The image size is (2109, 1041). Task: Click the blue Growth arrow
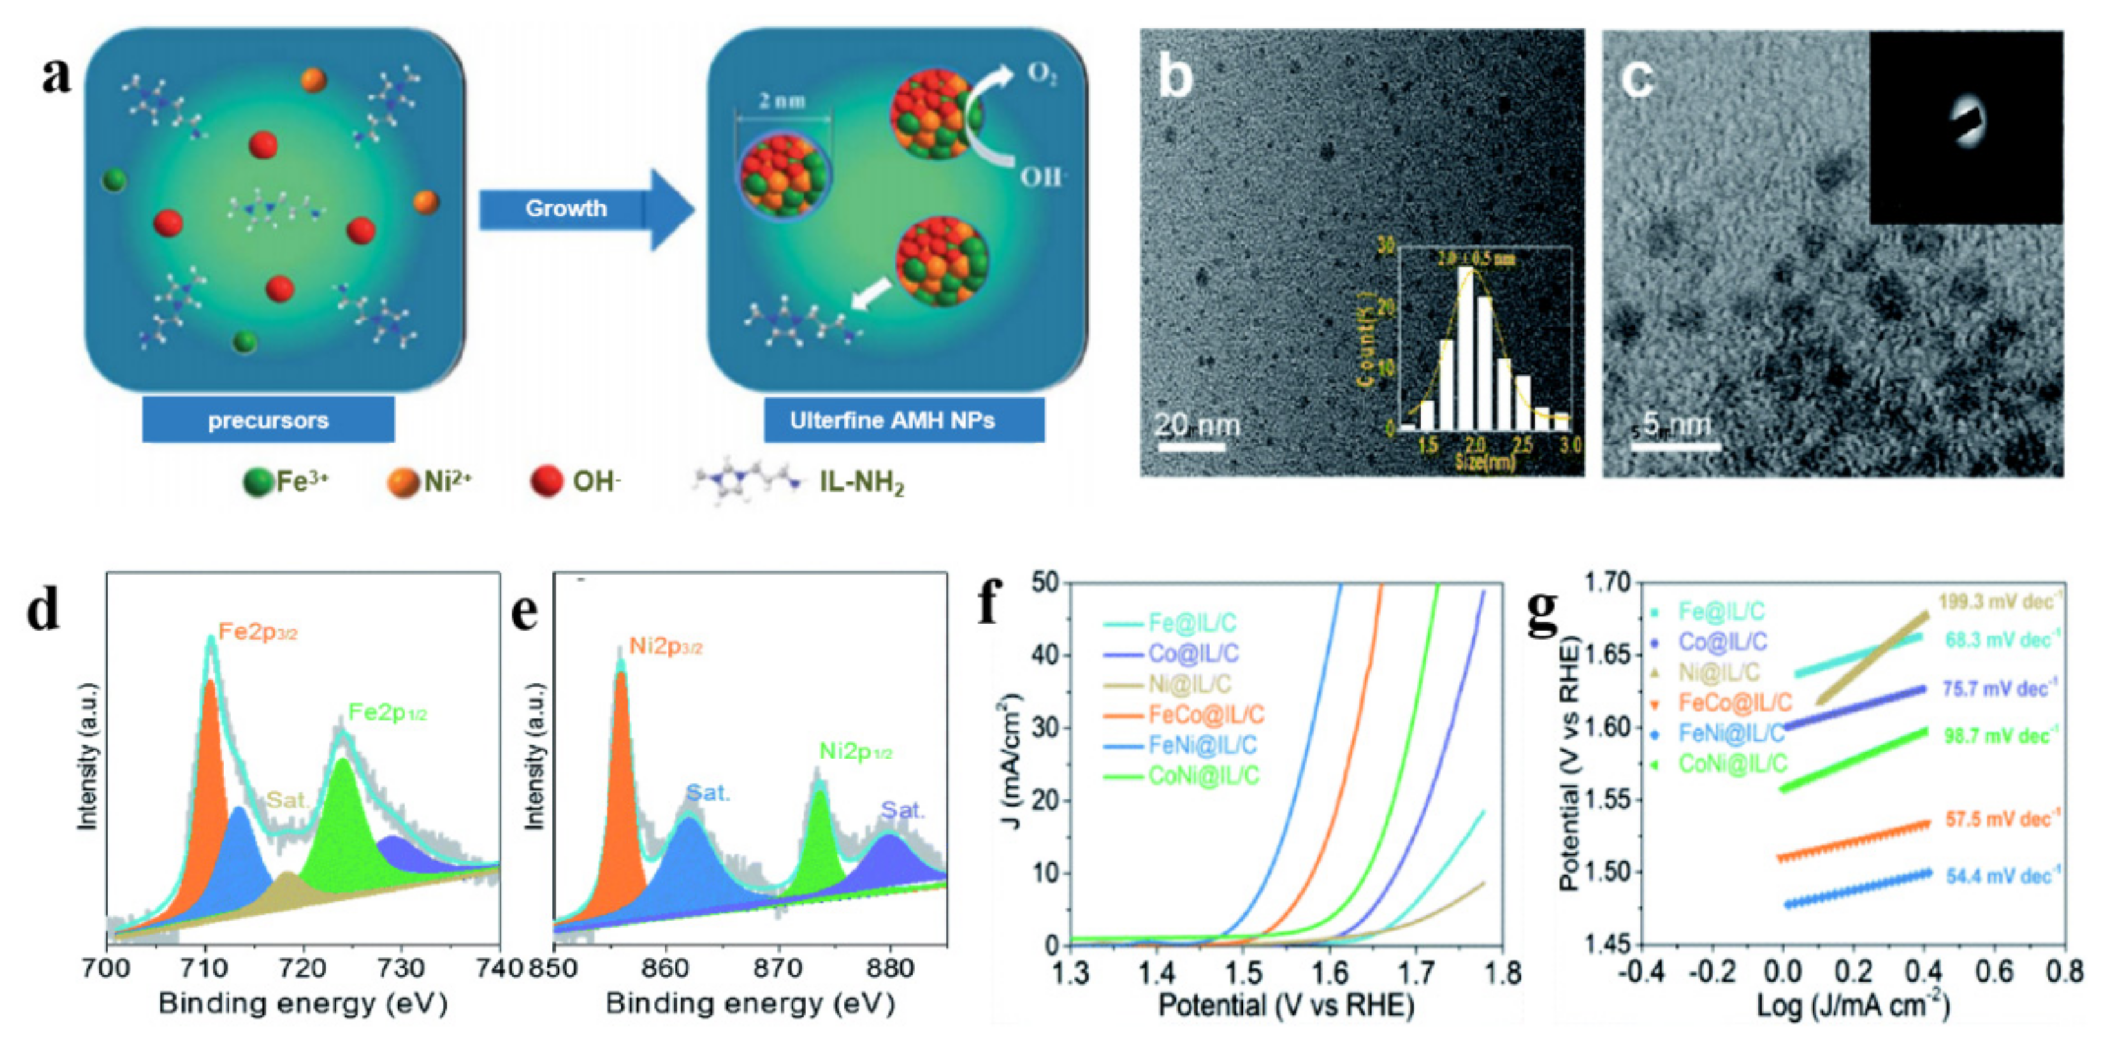coord(583,209)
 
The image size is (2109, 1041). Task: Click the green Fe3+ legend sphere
coord(258,482)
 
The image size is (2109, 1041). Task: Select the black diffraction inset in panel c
coord(1965,127)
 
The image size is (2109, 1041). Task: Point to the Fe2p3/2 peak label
coord(257,632)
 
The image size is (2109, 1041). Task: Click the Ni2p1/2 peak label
coord(855,751)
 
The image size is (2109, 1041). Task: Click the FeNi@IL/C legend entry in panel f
coord(1201,745)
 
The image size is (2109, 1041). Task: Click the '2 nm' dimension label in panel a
coord(782,100)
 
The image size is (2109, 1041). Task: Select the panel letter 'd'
coord(43,609)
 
